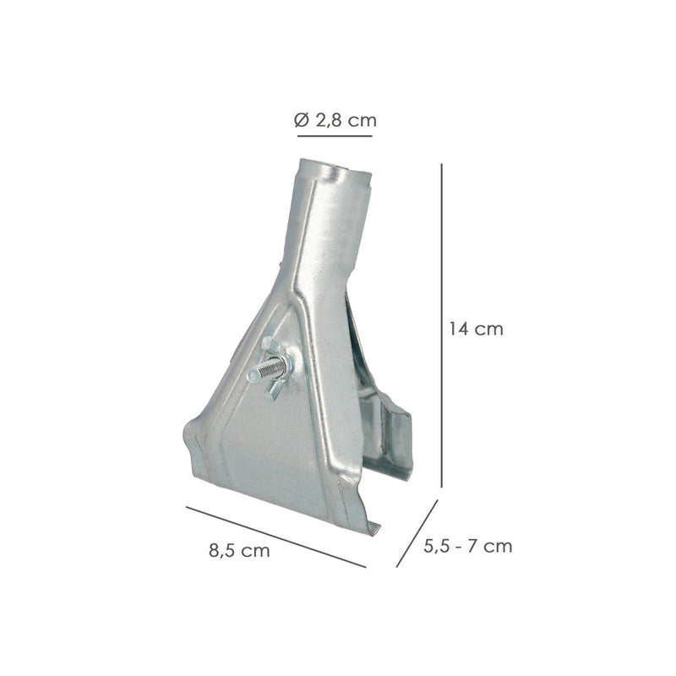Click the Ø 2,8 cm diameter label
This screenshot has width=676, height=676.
(x=335, y=120)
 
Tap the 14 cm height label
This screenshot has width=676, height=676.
(x=476, y=329)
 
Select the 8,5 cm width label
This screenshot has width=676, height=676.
(x=239, y=551)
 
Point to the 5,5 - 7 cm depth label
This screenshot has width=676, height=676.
(x=467, y=546)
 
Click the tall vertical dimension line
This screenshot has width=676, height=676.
(x=442, y=325)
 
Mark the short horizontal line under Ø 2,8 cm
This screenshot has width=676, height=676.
(x=334, y=135)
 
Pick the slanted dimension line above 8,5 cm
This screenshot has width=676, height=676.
(x=275, y=537)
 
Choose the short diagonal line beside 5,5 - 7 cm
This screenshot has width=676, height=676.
(x=417, y=533)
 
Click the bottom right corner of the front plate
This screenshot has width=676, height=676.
(x=372, y=529)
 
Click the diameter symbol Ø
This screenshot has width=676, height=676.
(x=303, y=120)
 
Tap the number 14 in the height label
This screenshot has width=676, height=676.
(x=459, y=329)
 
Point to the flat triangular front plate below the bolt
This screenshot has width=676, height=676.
(x=270, y=448)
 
